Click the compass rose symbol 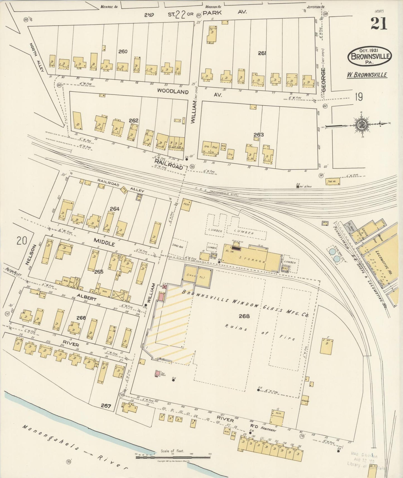pyautogui.click(x=362, y=124)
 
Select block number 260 pyautogui.click(x=123, y=51)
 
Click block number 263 pyautogui.click(x=259, y=135)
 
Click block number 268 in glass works pyautogui.click(x=244, y=316)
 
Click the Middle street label pyautogui.click(x=104, y=242)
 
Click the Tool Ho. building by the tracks pyautogui.click(x=333, y=182)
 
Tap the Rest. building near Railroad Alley pyautogui.click(x=186, y=204)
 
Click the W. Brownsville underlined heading pyautogui.click(x=366, y=75)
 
